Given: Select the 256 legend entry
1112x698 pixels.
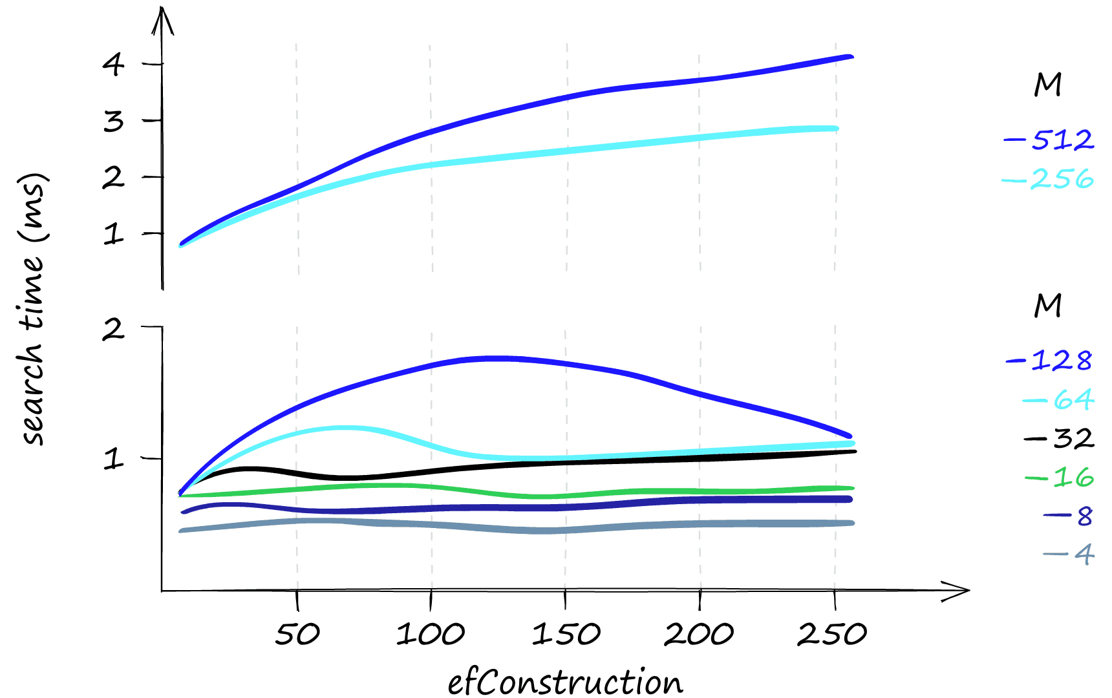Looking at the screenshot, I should tap(1049, 180).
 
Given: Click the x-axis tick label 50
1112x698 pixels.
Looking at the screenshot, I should tap(297, 634).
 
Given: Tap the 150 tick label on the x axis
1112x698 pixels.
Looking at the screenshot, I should tap(566, 634).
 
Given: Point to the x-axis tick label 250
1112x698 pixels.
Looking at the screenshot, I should tap(832, 634).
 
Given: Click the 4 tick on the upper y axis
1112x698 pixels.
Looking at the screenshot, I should tap(114, 64).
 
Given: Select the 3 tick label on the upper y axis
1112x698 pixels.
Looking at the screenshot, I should tap(114, 121).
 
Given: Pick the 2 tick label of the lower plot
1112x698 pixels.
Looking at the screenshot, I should tap(114, 329).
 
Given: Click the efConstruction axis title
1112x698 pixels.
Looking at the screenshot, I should tap(565, 682).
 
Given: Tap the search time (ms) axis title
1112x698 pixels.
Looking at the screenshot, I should tap(34, 309).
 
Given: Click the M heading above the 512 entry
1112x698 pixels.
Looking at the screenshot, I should tap(1048, 85).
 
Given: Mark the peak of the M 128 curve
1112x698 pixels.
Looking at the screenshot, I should tap(495, 357).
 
